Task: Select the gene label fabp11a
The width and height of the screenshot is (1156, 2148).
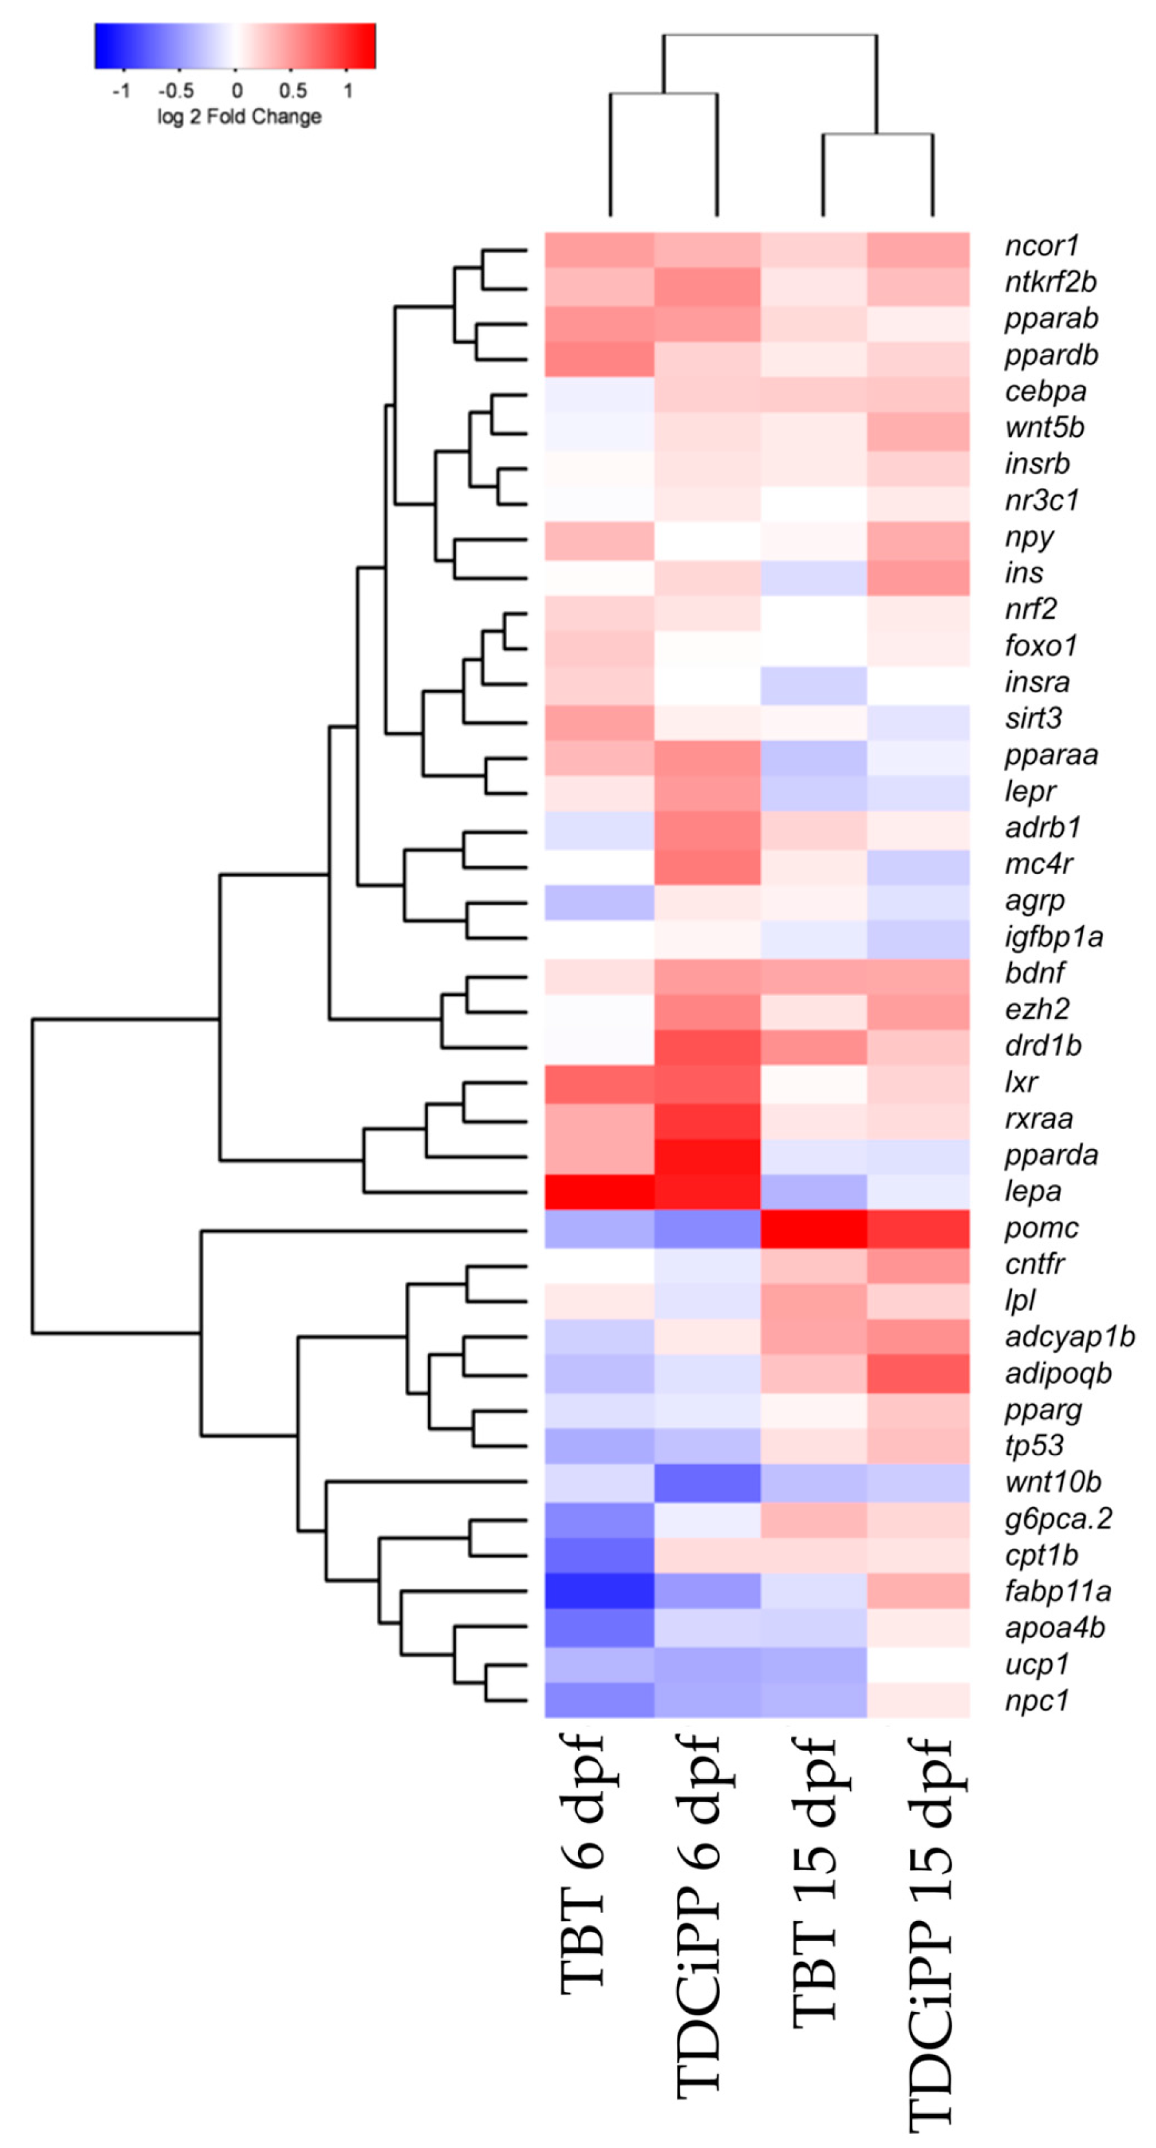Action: coord(1057,1591)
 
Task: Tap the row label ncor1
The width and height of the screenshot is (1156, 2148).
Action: coord(1042,246)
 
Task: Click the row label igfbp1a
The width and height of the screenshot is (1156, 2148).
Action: coord(1053,937)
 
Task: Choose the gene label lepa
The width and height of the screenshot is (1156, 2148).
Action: coord(1033,1191)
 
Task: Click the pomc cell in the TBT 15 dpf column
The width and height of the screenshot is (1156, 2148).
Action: coord(814,1228)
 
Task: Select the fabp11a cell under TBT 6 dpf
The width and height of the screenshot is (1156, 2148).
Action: coord(599,1591)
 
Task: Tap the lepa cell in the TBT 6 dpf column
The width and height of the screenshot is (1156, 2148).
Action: coord(599,1191)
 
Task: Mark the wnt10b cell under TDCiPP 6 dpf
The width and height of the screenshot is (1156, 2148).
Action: coord(707,1482)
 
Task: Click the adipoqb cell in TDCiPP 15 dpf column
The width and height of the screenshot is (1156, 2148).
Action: coord(918,1373)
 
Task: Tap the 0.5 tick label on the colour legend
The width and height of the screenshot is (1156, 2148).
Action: coord(292,90)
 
